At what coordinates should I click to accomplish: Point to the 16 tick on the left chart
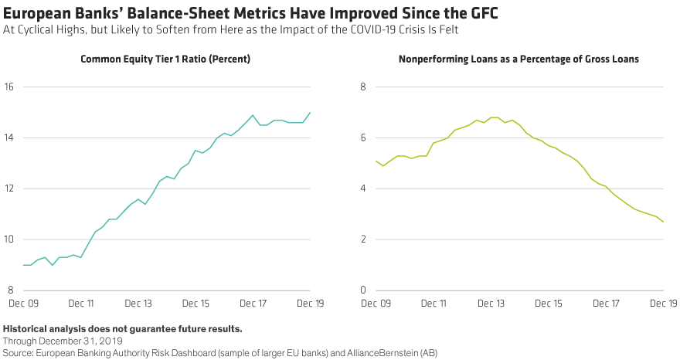click(x=9, y=87)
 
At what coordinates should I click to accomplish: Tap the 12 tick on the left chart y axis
click(x=9, y=188)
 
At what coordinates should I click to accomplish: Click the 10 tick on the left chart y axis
click(x=9, y=239)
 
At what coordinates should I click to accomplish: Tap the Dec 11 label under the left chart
click(x=83, y=305)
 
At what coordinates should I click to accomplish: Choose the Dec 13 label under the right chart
click(x=492, y=305)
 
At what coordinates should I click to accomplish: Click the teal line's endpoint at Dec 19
click(x=311, y=113)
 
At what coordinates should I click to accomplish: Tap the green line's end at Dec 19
click(x=662, y=222)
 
